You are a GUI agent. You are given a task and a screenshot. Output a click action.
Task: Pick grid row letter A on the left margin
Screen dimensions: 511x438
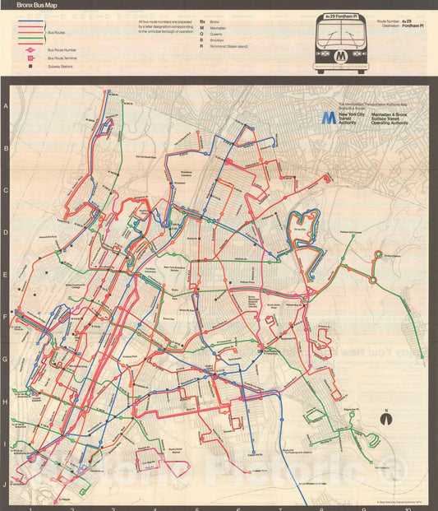(6, 107)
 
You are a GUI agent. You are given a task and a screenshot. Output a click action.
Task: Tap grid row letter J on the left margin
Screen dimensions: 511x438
(6, 485)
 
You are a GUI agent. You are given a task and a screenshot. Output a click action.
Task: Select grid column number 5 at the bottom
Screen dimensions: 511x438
(196, 507)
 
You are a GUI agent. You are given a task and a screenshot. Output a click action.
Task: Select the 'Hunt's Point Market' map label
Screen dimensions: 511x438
(174, 451)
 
